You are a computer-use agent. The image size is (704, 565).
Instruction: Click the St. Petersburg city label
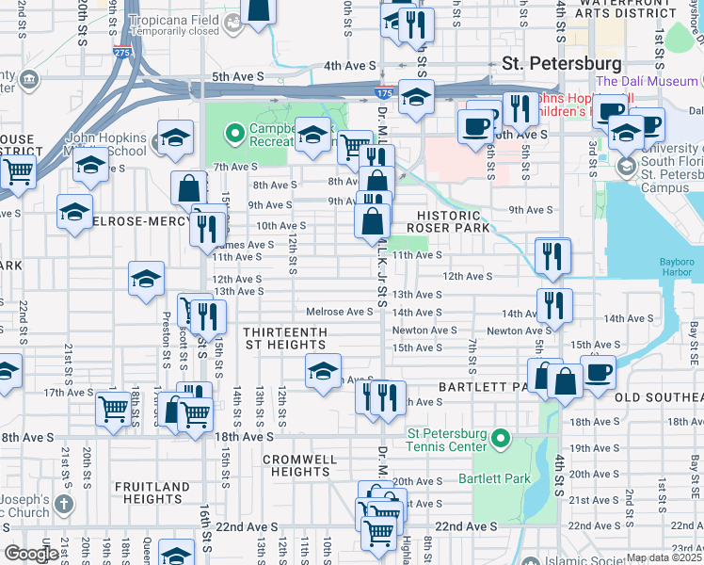[561, 64]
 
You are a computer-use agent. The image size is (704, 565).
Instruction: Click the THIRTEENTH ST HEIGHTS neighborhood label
[285, 339]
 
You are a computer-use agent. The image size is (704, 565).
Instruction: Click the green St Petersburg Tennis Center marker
[501, 439]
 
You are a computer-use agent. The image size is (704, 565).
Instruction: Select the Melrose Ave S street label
[340, 312]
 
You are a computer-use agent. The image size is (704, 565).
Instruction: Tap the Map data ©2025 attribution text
[664, 557]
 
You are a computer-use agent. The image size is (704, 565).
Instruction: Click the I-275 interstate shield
[120, 54]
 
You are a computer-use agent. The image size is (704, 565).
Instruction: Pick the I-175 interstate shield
[383, 94]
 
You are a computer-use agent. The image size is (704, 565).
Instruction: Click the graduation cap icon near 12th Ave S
[147, 279]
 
